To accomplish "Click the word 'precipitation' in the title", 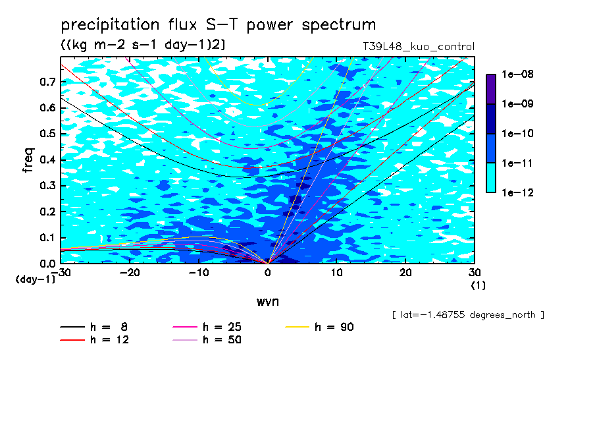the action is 110,25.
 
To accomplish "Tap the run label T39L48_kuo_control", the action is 419,47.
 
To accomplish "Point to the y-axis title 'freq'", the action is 28,160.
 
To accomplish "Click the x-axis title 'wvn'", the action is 268,302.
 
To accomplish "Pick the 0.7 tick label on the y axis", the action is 48,82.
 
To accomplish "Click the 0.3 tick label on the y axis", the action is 48,185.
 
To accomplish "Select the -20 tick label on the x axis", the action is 130,273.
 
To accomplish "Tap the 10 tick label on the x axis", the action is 337,273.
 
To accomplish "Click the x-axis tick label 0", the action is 268,273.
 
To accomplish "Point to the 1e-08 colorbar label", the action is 517,74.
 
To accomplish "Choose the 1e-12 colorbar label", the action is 517,192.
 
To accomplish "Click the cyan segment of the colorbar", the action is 491,178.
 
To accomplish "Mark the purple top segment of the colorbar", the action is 491,89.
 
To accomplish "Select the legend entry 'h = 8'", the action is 93,327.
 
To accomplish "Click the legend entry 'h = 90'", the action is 319,327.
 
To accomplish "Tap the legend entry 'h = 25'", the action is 207,327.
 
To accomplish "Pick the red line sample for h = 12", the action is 72,340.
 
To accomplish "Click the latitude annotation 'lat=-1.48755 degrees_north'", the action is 468,315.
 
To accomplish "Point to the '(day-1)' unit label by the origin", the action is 36,279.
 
